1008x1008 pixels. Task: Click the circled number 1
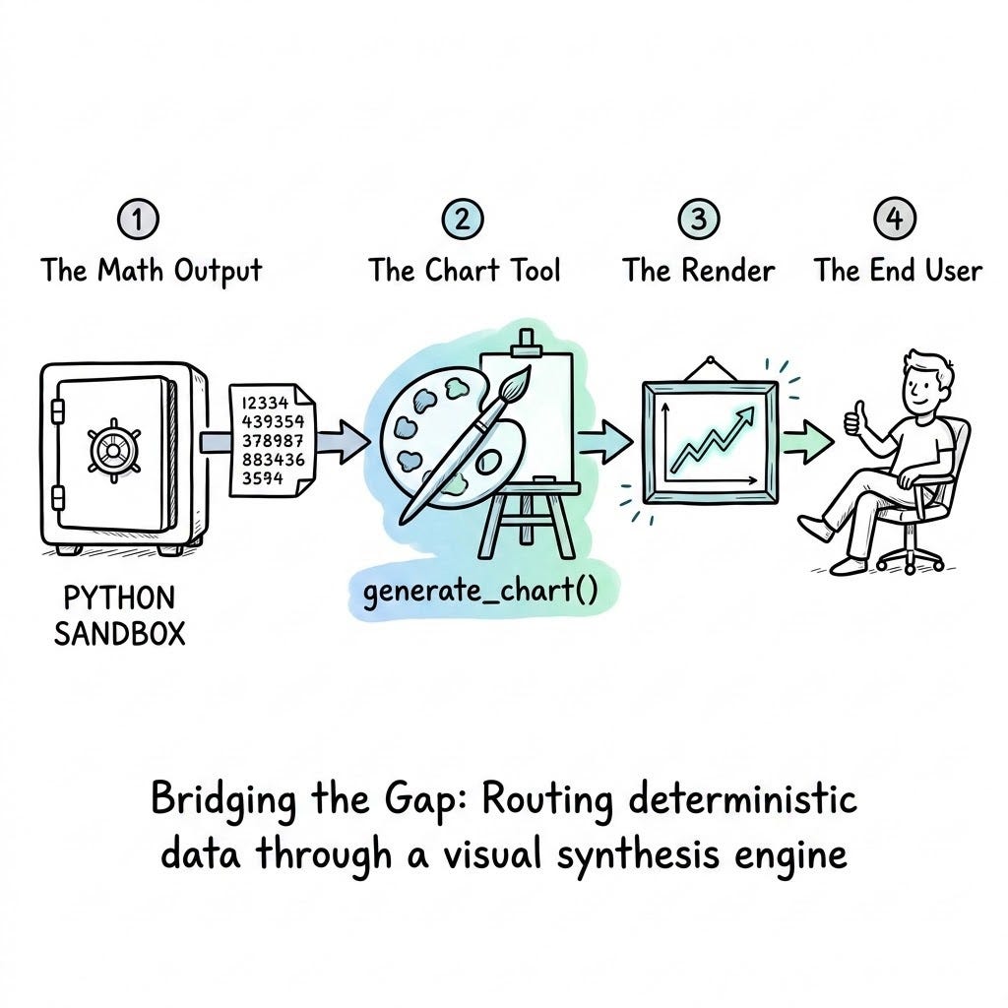[138, 220]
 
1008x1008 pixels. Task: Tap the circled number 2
[463, 220]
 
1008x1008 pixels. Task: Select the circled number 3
[699, 220]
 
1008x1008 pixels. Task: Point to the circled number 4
[895, 220]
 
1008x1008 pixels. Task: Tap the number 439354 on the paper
[273, 421]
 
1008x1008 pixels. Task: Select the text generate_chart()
[480, 592]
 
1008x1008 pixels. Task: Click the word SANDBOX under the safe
[119, 634]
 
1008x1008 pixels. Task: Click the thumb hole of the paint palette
[490, 461]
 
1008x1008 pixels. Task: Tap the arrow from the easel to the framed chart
[605, 442]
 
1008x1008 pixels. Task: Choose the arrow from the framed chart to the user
[808, 442]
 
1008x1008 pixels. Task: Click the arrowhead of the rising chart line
[746, 414]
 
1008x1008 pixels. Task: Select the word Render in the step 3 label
[727, 270]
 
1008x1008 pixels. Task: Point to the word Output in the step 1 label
[218, 272]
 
